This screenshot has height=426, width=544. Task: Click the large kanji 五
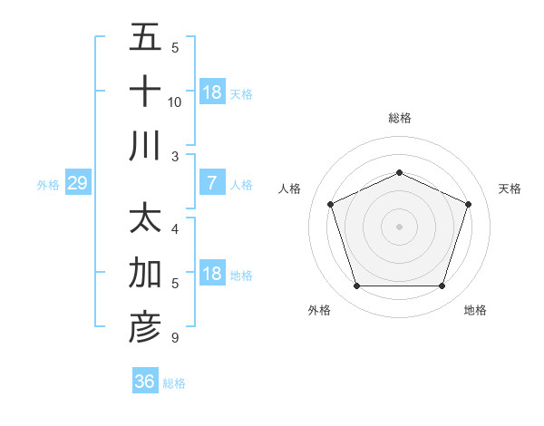coord(145,39)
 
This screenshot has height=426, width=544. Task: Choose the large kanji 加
coord(145,273)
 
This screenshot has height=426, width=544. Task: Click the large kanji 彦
coord(145,327)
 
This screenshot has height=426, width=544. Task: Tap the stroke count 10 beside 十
coord(175,102)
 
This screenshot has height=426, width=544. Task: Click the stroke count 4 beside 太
coord(174,228)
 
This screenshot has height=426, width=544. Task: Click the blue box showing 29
coord(77,184)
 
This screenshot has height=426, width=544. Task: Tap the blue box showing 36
coord(144,382)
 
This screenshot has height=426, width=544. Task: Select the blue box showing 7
coord(211,184)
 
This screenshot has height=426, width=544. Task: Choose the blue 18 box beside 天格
coord(212,92)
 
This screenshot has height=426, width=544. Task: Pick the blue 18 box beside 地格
coord(212,275)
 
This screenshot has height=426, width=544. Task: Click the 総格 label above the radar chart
coord(400,119)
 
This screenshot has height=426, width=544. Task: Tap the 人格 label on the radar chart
coord(290,189)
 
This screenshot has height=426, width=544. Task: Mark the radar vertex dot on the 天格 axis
coord(469,204)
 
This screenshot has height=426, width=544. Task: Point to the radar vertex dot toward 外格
coord(356,286)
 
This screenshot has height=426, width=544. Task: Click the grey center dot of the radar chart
coord(399,227)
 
